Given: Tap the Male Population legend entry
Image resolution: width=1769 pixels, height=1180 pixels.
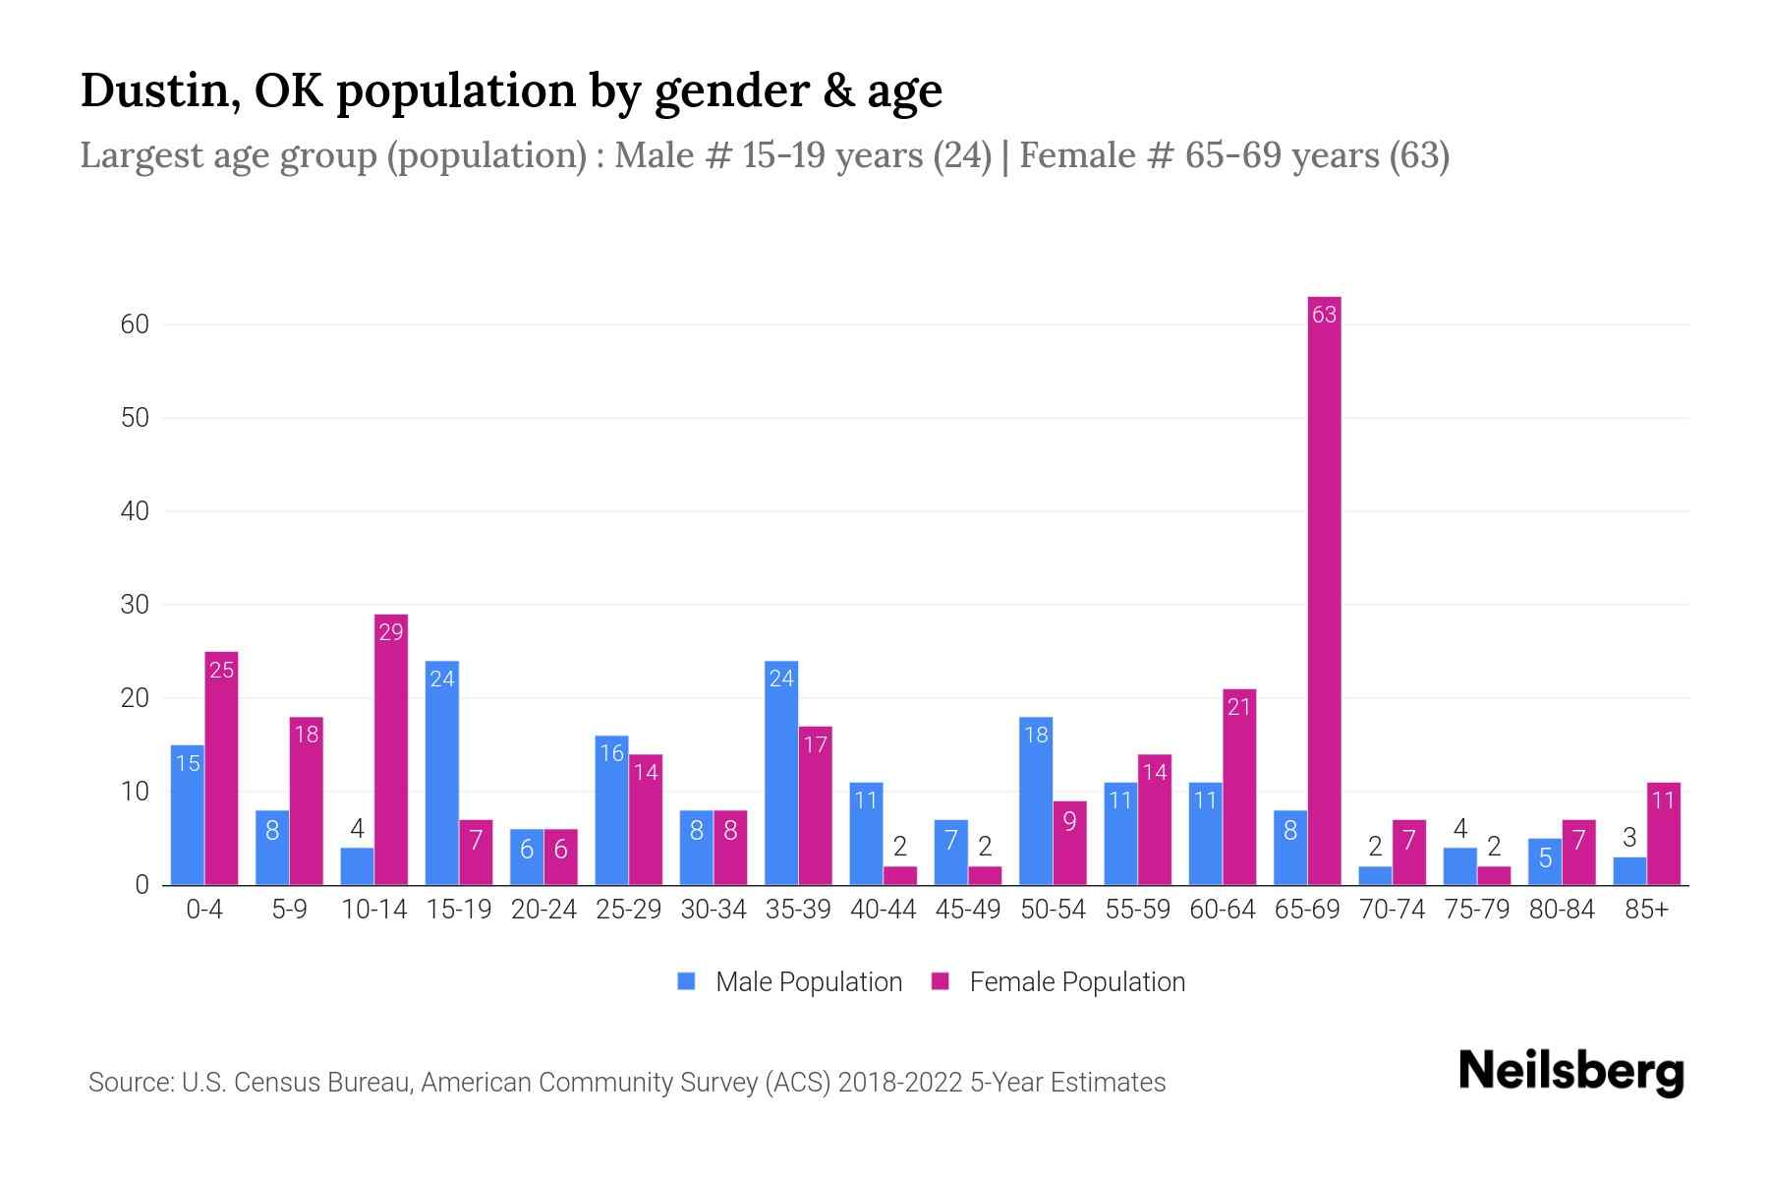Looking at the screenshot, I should (791, 981).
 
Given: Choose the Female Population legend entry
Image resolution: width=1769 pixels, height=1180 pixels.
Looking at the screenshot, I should (1059, 981).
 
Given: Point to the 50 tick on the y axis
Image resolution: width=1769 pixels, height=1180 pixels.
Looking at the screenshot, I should (135, 418).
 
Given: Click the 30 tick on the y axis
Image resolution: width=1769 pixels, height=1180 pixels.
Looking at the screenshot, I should (135, 605).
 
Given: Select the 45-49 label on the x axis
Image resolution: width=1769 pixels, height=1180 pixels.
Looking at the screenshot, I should (968, 910).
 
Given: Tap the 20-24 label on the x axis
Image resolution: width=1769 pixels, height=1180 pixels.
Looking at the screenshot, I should (543, 910).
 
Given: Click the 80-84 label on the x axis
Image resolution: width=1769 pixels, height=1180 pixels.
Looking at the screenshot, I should (1562, 910).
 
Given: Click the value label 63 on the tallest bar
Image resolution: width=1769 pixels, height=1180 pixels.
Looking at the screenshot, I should (1324, 315).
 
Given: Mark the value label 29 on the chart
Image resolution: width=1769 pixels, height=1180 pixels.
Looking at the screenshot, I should (391, 632).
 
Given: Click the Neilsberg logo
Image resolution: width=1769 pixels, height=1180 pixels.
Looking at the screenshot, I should (1570, 1072).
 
